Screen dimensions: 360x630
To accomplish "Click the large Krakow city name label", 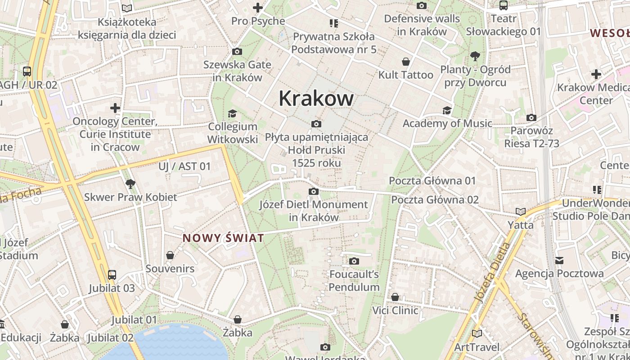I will [x=316, y=98].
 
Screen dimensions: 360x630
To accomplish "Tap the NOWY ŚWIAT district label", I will [x=223, y=238].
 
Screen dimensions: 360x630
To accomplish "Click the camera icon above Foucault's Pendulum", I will [x=354, y=261].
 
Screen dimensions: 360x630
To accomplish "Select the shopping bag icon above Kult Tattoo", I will [x=406, y=62].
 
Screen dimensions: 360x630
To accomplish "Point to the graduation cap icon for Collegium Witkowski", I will [x=232, y=113].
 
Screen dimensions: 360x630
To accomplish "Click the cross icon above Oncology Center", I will [x=115, y=108].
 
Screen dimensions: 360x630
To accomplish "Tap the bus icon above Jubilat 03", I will [x=112, y=275].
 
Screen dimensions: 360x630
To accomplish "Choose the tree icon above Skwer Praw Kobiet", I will [x=130, y=184].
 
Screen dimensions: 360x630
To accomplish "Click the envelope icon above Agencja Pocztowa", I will [x=559, y=260].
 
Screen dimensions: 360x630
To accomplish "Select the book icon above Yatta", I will [x=521, y=211].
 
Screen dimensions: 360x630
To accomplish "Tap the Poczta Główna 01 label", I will [x=432, y=181].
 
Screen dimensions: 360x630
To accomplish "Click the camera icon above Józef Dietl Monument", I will [x=314, y=192].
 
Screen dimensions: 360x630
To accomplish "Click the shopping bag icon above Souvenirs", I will [x=170, y=256].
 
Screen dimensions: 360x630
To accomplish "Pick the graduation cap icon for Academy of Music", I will [x=447, y=110].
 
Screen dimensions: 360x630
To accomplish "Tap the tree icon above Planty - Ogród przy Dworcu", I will [x=475, y=56].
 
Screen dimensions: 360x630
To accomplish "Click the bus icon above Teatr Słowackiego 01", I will [x=503, y=5].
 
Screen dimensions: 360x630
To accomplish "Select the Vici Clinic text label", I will [x=395, y=310].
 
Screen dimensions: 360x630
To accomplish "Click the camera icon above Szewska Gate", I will [x=237, y=52].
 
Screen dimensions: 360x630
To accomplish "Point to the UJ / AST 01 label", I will [x=184, y=166].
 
